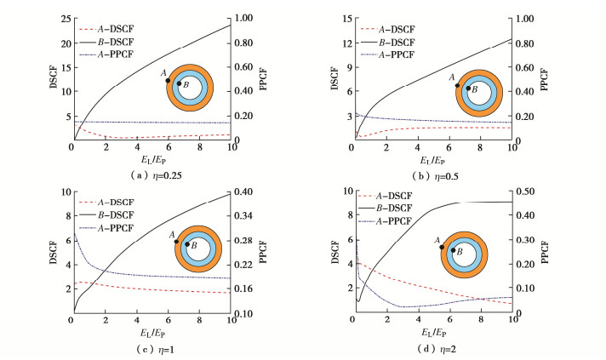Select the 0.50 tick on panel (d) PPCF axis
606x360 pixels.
(528, 192)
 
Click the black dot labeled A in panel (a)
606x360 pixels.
(169, 81)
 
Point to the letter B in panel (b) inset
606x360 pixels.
(474, 89)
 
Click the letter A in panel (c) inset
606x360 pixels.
(172, 234)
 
